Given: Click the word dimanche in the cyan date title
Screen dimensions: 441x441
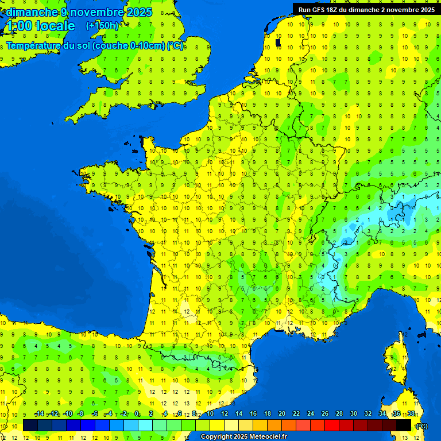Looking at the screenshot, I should [32, 12].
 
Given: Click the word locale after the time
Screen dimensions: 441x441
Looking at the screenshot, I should [55, 26].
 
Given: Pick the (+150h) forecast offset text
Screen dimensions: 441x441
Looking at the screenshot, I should [102, 26].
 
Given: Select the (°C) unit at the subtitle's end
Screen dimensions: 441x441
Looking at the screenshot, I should [175, 46].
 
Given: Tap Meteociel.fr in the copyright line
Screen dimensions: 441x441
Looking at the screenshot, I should [265, 437].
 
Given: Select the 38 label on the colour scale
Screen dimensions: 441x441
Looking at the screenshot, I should [411, 413].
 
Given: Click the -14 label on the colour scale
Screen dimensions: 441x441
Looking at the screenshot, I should [39, 413].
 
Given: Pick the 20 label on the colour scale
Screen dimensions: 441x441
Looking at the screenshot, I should [282, 413].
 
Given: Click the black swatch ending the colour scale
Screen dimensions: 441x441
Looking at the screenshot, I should [404, 425].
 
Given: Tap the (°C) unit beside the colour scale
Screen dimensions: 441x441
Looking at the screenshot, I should [421, 425].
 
